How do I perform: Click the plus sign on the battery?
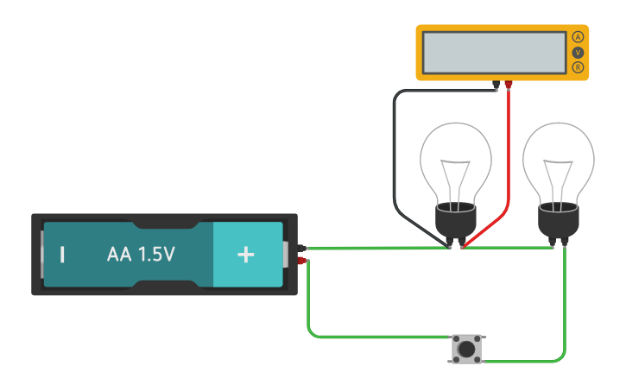tap(246, 255)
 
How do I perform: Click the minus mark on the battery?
tap(62, 255)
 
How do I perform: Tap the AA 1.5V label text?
tap(141, 255)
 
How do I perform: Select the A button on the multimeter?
tap(578, 37)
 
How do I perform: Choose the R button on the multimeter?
tap(578, 67)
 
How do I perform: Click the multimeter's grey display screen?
tap(494, 53)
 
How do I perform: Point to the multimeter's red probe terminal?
tap(509, 85)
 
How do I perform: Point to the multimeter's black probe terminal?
tap(496, 85)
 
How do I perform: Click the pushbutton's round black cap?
tap(467, 349)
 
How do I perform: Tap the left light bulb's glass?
tap(456, 160)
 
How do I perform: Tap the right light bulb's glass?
tap(559, 160)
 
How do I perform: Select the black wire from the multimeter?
tap(395, 155)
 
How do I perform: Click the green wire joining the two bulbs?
tap(509, 248)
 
